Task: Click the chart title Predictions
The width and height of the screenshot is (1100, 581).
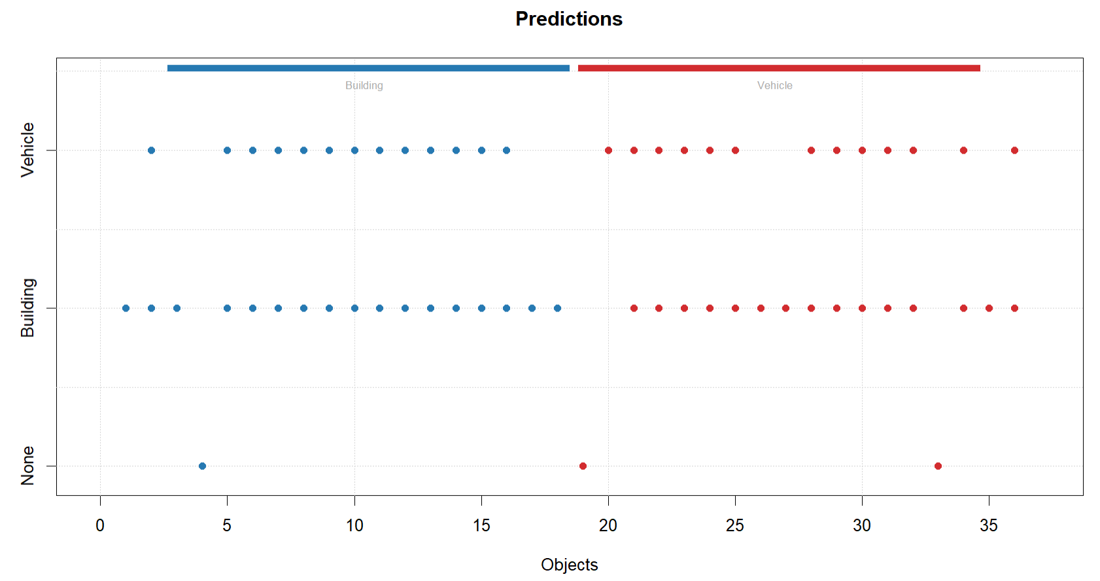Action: click(x=568, y=19)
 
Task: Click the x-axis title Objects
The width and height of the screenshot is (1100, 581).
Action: click(x=569, y=565)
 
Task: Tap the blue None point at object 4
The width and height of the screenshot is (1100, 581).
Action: click(x=202, y=466)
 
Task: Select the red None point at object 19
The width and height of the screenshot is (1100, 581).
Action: click(x=583, y=466)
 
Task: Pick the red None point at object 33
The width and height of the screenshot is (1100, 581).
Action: click(x=938, y=466)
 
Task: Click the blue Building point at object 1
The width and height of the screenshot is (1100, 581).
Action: click(x=126, y=308)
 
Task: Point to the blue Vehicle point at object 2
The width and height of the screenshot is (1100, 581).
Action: click(x=151, y=150)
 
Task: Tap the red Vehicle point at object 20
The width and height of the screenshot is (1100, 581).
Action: click(x=608, y=150)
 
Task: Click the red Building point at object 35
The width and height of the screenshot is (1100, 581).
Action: click(x=989, y=308)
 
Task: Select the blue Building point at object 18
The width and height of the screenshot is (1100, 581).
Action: click(x=557, y=308)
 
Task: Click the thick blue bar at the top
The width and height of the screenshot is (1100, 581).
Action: click(x=368, y=68)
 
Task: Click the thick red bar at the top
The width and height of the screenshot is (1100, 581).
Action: click(x=779, y=68)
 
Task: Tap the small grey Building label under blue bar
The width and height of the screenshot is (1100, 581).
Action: click(x=364, y=86)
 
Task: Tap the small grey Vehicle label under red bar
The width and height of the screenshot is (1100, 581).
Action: click(x=775, y=86)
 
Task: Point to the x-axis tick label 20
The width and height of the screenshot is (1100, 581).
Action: click(x=608, y=525)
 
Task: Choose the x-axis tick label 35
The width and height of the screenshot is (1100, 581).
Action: click(x=989, y=525)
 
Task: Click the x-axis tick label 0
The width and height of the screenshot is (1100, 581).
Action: click(x=100, y=525)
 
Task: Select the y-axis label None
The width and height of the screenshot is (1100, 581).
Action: click(x=27, y=466)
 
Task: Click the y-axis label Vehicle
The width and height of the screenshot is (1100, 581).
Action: click(x=27, y=150)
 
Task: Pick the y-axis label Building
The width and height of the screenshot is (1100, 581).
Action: click(x=27, y=308)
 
